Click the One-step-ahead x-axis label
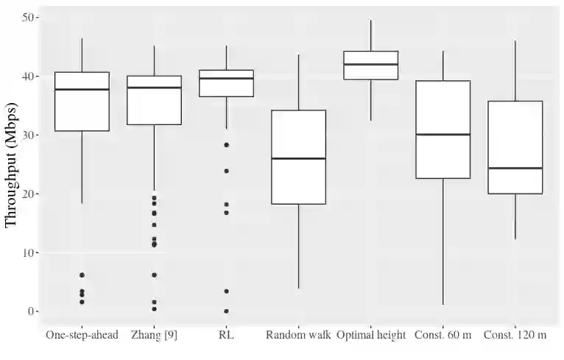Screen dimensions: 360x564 (82, 336)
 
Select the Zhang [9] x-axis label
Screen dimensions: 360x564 (154, 336)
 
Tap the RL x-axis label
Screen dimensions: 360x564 (226, 336)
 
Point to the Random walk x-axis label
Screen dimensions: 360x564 (298, 336)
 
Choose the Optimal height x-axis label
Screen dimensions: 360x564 (371, 336)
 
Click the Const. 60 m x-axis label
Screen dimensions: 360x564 (443, 336)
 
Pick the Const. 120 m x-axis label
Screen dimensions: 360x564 (515, 336)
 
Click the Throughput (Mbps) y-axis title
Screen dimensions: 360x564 (11, 171)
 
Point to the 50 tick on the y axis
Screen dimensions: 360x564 (29, 17)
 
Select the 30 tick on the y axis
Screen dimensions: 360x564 (29, 135)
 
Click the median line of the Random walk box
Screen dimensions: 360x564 (298, 158)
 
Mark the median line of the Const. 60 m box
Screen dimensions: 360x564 (443, 135)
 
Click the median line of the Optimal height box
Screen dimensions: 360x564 (371, 64)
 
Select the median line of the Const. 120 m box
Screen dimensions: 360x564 (515, 168)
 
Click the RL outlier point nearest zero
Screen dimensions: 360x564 (226, 311)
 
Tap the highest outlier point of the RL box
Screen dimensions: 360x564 (226, 145)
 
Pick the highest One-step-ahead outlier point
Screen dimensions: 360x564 (82, 275)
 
